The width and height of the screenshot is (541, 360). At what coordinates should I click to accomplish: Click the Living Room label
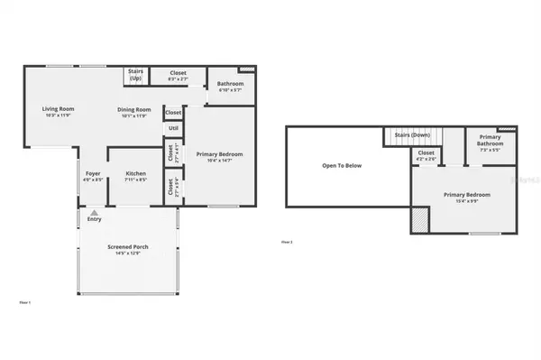point(58,109)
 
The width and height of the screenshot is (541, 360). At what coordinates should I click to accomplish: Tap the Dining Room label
point(133,109)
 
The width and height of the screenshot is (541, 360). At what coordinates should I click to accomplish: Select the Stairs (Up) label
point(136,76)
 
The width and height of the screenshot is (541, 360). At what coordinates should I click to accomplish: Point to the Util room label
point(173,128)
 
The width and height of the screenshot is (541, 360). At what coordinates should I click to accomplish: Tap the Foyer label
point(93,172)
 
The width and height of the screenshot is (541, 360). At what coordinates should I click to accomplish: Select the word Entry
point(95,219)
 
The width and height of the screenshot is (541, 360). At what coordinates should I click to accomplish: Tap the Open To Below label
point(342,165)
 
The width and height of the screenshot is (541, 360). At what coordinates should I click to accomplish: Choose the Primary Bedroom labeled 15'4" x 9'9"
point(466,195)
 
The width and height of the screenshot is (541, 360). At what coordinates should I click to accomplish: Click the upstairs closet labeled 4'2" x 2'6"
point(426,153)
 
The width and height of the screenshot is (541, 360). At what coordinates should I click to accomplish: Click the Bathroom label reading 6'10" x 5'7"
point(231,86)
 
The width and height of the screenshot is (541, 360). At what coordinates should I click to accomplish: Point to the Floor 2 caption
point(287,242)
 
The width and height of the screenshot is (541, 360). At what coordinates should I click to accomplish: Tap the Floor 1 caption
point(25,301)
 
